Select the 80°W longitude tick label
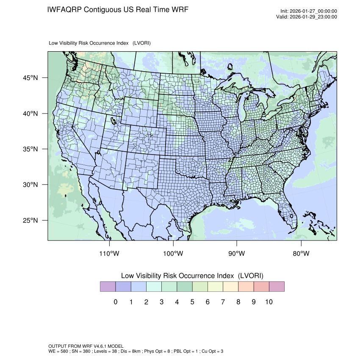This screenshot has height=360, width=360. pyautogui.click(x=301, y=254)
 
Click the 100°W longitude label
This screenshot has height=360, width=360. pyautogui.click(x=173, y=254)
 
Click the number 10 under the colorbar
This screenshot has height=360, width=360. pyautogui.click(x=269, y=302)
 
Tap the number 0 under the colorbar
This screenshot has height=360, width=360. pyautogui.click(x=115, y=302)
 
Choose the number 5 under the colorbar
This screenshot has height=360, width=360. pyautogui.click(x=192, y=302)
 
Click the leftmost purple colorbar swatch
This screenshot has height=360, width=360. pyautogui.click(x=108, y=287)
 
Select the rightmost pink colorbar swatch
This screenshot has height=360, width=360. pyautogui.click(x=277, y=287)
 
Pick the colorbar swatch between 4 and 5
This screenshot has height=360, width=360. pyautogui.click(x=184, y=287)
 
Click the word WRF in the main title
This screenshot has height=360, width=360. pyautogui.click(x=178, y=10)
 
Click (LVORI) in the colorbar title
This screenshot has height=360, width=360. pyautogui.click(x=251, y=276)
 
